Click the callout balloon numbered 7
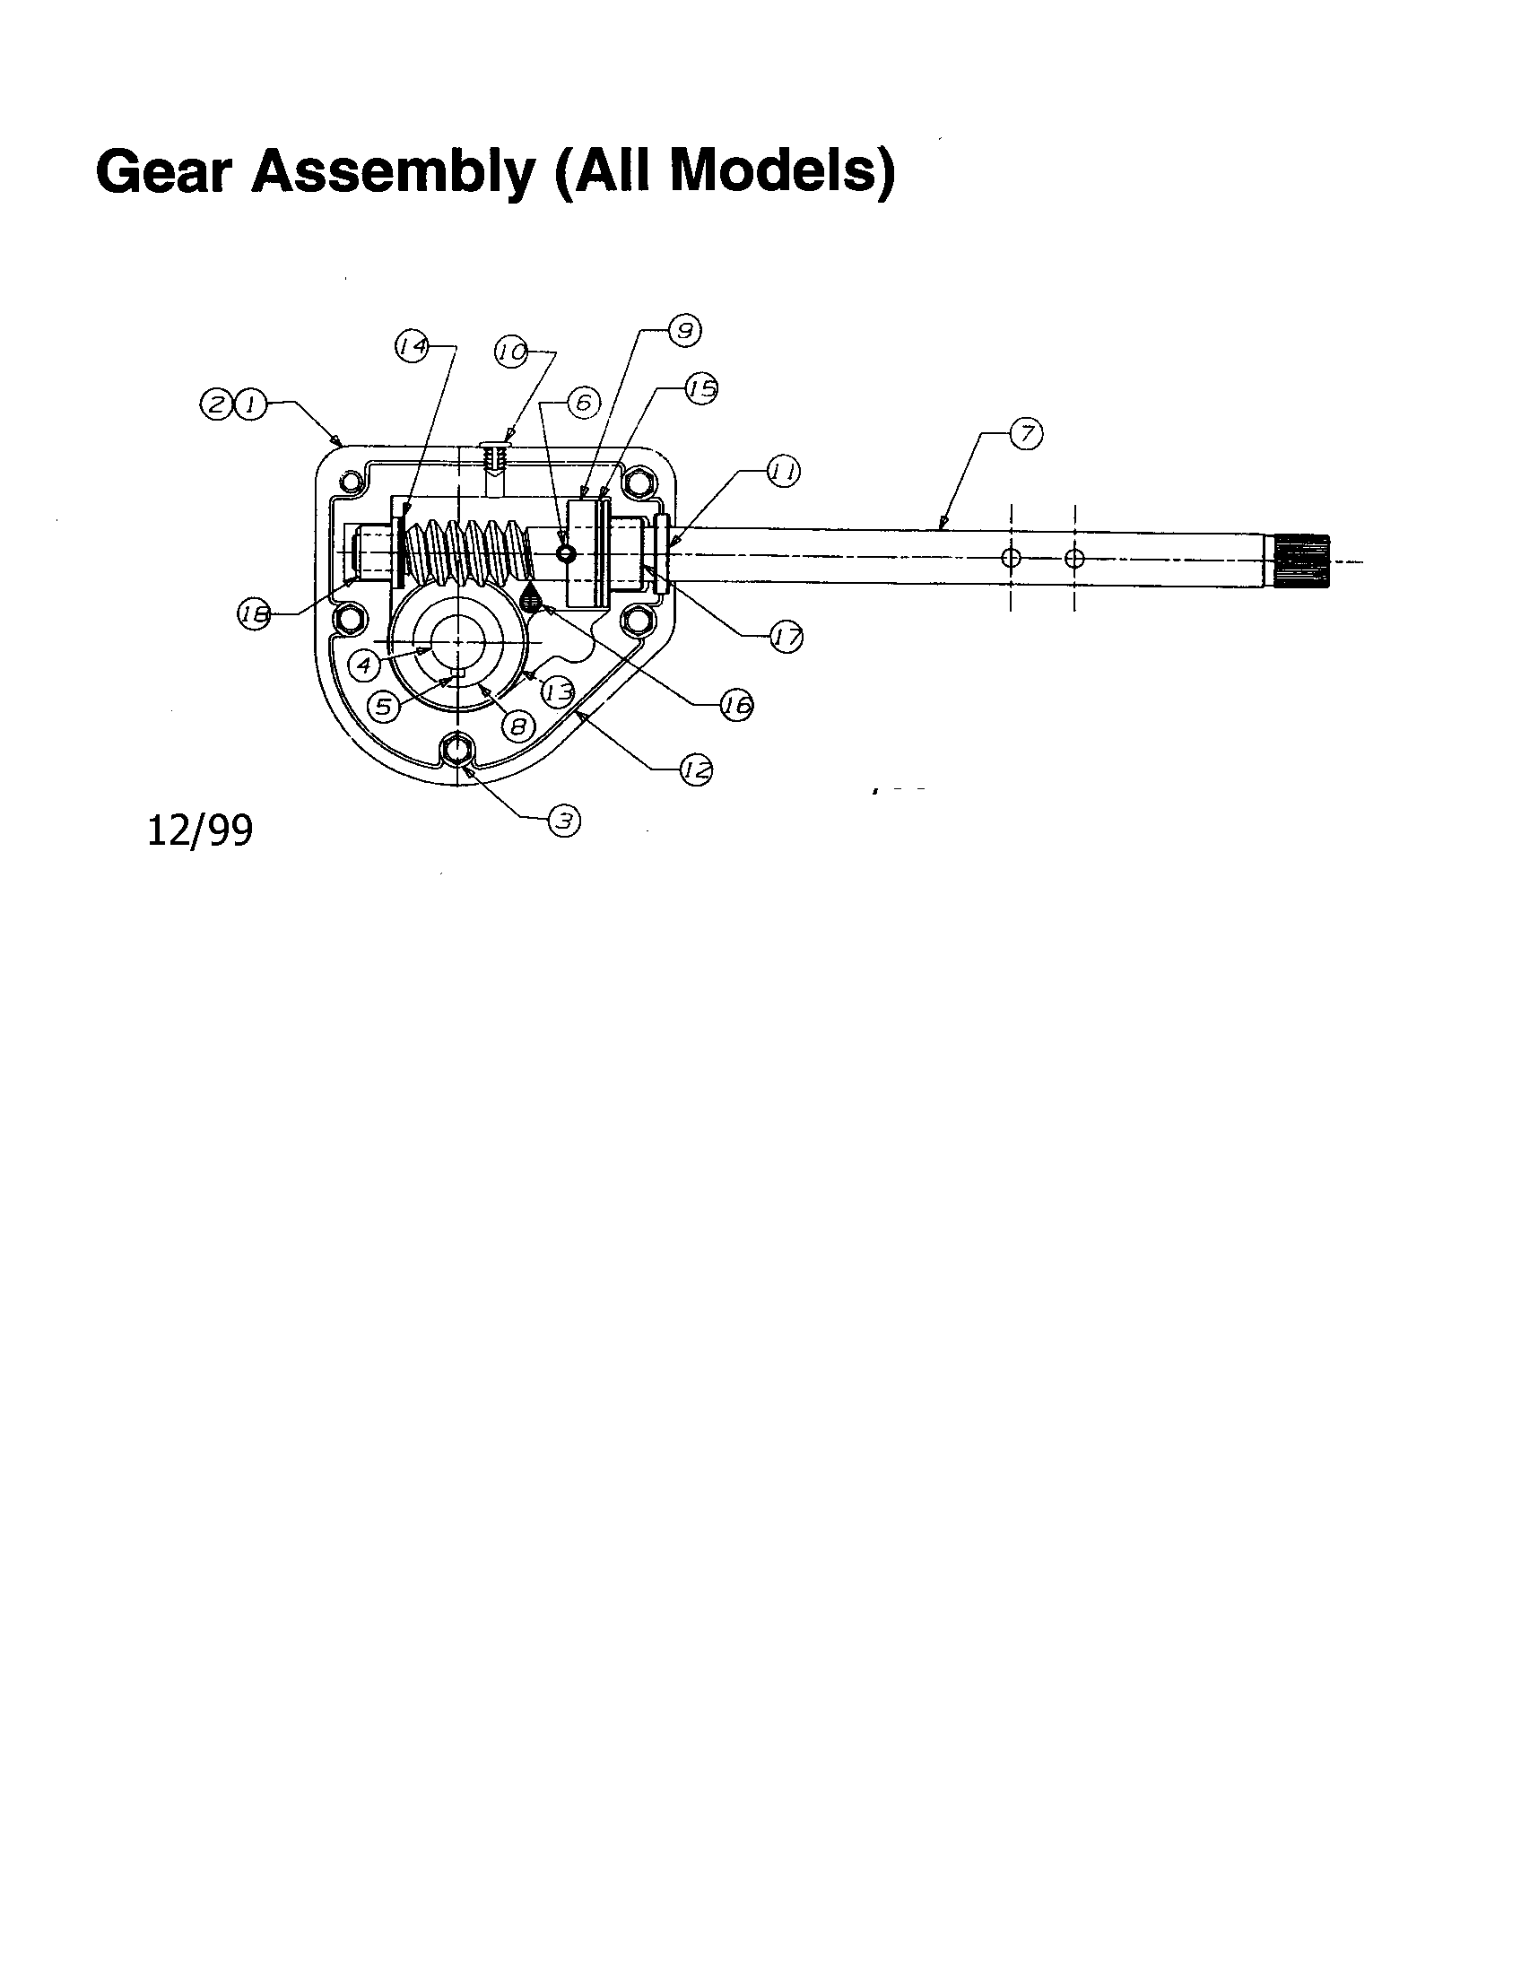[x=1026, y=435]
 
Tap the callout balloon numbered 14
[x=413, y=345]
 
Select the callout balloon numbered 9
[x=684, y=331]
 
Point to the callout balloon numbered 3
[x=564, y=821]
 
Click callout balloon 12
[x=696, y=770]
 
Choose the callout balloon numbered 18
[x=255, y=615]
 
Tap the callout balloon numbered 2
[x=217, y=404]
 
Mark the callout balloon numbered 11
[x=783, y=471]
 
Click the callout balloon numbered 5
[x=384, y=706]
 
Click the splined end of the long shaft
[x=1301, y=562]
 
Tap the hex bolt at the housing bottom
[x=457, y=750]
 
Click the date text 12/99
[x=200, y=831]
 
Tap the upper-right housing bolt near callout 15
[x=639, y=483]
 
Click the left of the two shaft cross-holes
[x=1012, y=559]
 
